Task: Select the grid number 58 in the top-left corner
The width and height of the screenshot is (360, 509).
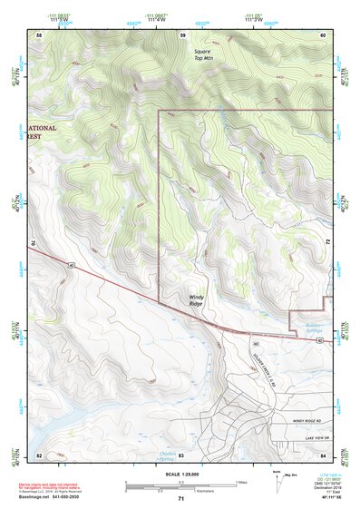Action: click(39, 34)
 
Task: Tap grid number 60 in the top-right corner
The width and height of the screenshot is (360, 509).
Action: click(323, 34)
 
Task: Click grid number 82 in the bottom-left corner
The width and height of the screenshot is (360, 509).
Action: click(39, 455)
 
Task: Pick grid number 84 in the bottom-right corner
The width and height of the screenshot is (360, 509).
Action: click(323, 455)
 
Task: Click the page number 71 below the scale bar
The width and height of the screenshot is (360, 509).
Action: click(180, 499)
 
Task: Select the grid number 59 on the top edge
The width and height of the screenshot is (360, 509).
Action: click(182, 34)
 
